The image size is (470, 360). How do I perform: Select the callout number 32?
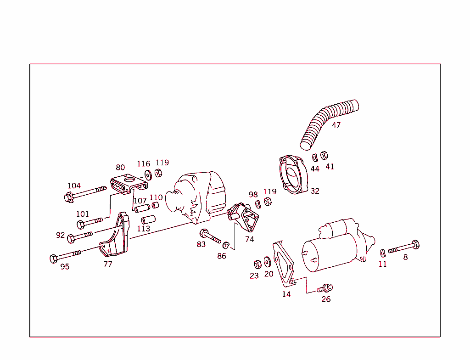pyautogui.click(x=315, y=191)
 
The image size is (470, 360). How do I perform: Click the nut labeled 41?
pyautogui.click(x=324, y=155)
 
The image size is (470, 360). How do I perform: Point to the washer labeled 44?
pyautogui.click(x=315, y=157)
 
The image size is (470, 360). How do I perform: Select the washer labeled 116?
pyautogui.click(x=148, y=174)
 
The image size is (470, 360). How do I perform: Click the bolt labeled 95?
pyautogui.click(x=65, y=255)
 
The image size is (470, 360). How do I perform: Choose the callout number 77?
pyautogui.click(x=108, y=264)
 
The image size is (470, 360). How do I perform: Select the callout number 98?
pyautogui.click(x=253, y=195)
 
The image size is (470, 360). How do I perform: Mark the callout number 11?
pyautogui.click(x=383, y=264)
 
